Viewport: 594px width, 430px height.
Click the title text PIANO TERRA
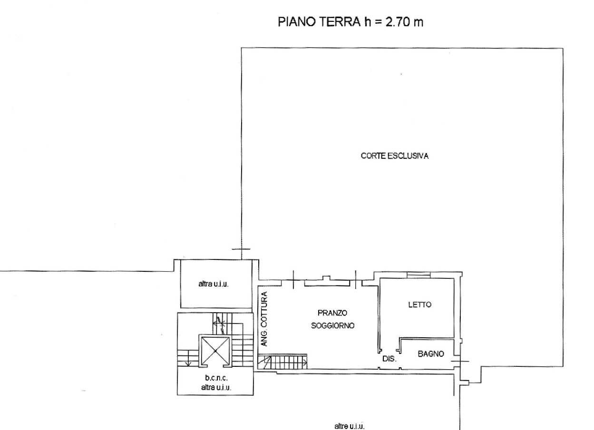pos(319,22)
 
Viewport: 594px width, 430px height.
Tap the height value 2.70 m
pos(404,22)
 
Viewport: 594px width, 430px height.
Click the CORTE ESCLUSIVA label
pos(395,156)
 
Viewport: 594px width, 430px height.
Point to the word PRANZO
pos(332,313)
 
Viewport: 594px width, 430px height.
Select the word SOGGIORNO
pos(332,325)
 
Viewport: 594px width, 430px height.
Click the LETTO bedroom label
pos(420,305)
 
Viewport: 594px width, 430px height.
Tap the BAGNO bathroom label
pos(431,354)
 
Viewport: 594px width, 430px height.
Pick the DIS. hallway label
pos(390,359)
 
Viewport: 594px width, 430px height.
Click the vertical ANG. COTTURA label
pos(264,319)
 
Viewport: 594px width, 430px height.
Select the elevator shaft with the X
pos(215,351)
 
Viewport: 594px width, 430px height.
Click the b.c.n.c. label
pos(216,378)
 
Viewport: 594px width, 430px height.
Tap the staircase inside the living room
pos(282,362)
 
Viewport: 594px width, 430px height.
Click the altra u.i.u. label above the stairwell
pos(214,284)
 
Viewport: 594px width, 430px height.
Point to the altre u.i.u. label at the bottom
pos(350,426)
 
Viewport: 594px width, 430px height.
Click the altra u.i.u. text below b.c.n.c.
pos(216,387)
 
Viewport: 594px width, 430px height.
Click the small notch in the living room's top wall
pos(326,278)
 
